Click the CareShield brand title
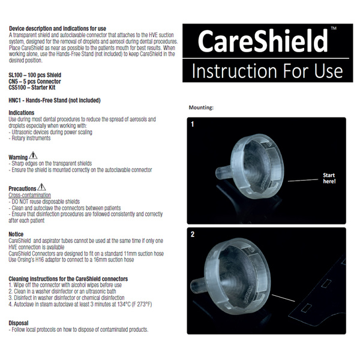263,41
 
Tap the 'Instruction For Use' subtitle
267,71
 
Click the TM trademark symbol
334,28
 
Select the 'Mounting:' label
201,107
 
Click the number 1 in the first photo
193,124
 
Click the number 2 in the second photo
193,235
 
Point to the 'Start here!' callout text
329,178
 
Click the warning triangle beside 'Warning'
33,155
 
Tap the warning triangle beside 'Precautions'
41,187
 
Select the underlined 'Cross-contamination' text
29,195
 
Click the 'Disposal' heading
19,323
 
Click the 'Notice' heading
16,234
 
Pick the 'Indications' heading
22,113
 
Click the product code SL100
16,75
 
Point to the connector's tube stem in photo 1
223,173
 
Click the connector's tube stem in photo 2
198,284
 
